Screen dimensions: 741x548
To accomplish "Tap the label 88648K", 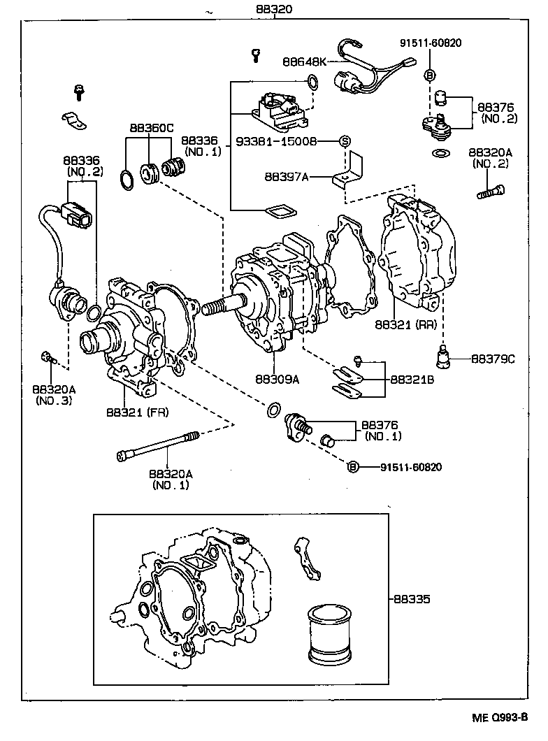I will [x=304, y=62].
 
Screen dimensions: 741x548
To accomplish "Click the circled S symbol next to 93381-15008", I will [x=344, y=141].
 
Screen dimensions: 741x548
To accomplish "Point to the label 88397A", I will [x=287, y=177].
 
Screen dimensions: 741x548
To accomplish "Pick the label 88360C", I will [x=151, y=129].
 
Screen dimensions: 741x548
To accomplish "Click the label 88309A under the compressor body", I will [x=277, y=380].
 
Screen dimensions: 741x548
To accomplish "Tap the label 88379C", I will [x=492, y=359].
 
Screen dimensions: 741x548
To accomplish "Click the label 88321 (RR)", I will [x=406, y=325].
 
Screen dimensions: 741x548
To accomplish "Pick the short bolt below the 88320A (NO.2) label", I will [x=489, y=191].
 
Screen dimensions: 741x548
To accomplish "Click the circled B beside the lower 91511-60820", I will [x=353, y=467].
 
